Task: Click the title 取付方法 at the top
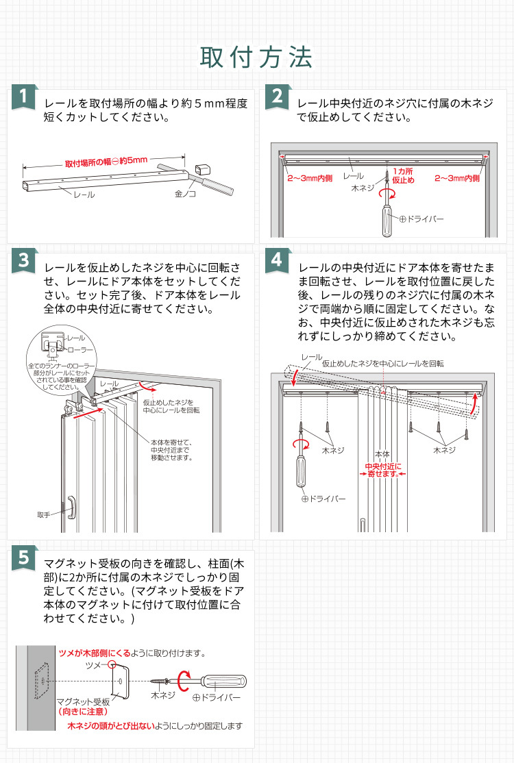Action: (x=256, y=57)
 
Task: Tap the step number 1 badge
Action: (x=24, y=97)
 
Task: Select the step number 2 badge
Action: (x=277, y=97)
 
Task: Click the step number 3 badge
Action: (x=24, y=261)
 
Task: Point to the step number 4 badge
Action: (x=277, y=260)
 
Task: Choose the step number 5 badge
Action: (x=24, y=558)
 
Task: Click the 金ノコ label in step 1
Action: (x=186, y=195)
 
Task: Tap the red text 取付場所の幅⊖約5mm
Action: (x=106, y=162)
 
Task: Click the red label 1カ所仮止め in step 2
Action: (x=403, y=175)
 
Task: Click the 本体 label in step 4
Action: (x=382, y=453)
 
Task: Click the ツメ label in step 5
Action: (x=95, y=665)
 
